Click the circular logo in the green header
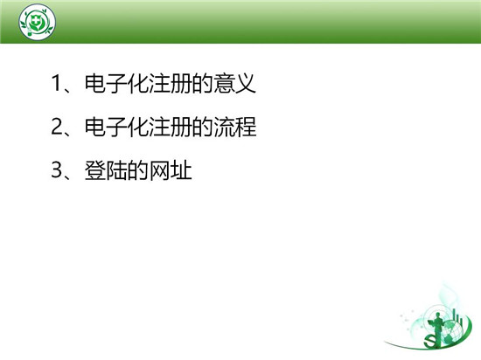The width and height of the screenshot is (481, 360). coord(37,22)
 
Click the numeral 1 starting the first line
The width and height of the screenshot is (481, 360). coord(57,83)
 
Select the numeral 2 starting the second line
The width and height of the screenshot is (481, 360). coord(57,127)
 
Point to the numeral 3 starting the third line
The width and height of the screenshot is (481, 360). coord(57,170)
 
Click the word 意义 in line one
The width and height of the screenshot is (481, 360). coord(234,83)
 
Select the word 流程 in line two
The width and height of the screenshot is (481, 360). coord(234,127)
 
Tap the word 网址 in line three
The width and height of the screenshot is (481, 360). coord(171,170)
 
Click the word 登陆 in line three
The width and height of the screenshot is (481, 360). coord(106,170)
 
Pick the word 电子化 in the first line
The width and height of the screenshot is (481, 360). coord(117,83)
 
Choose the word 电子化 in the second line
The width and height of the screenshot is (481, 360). coord(117,127)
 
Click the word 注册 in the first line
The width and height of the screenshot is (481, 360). coord(171,83)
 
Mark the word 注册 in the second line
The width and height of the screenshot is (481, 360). coord(171,127)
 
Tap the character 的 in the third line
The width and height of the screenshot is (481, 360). coord(138,170)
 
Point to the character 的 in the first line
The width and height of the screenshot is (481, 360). coord(203,83)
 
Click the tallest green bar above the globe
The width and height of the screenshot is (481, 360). coord(454,315)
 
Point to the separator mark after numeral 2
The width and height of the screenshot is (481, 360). coord(68,132)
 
